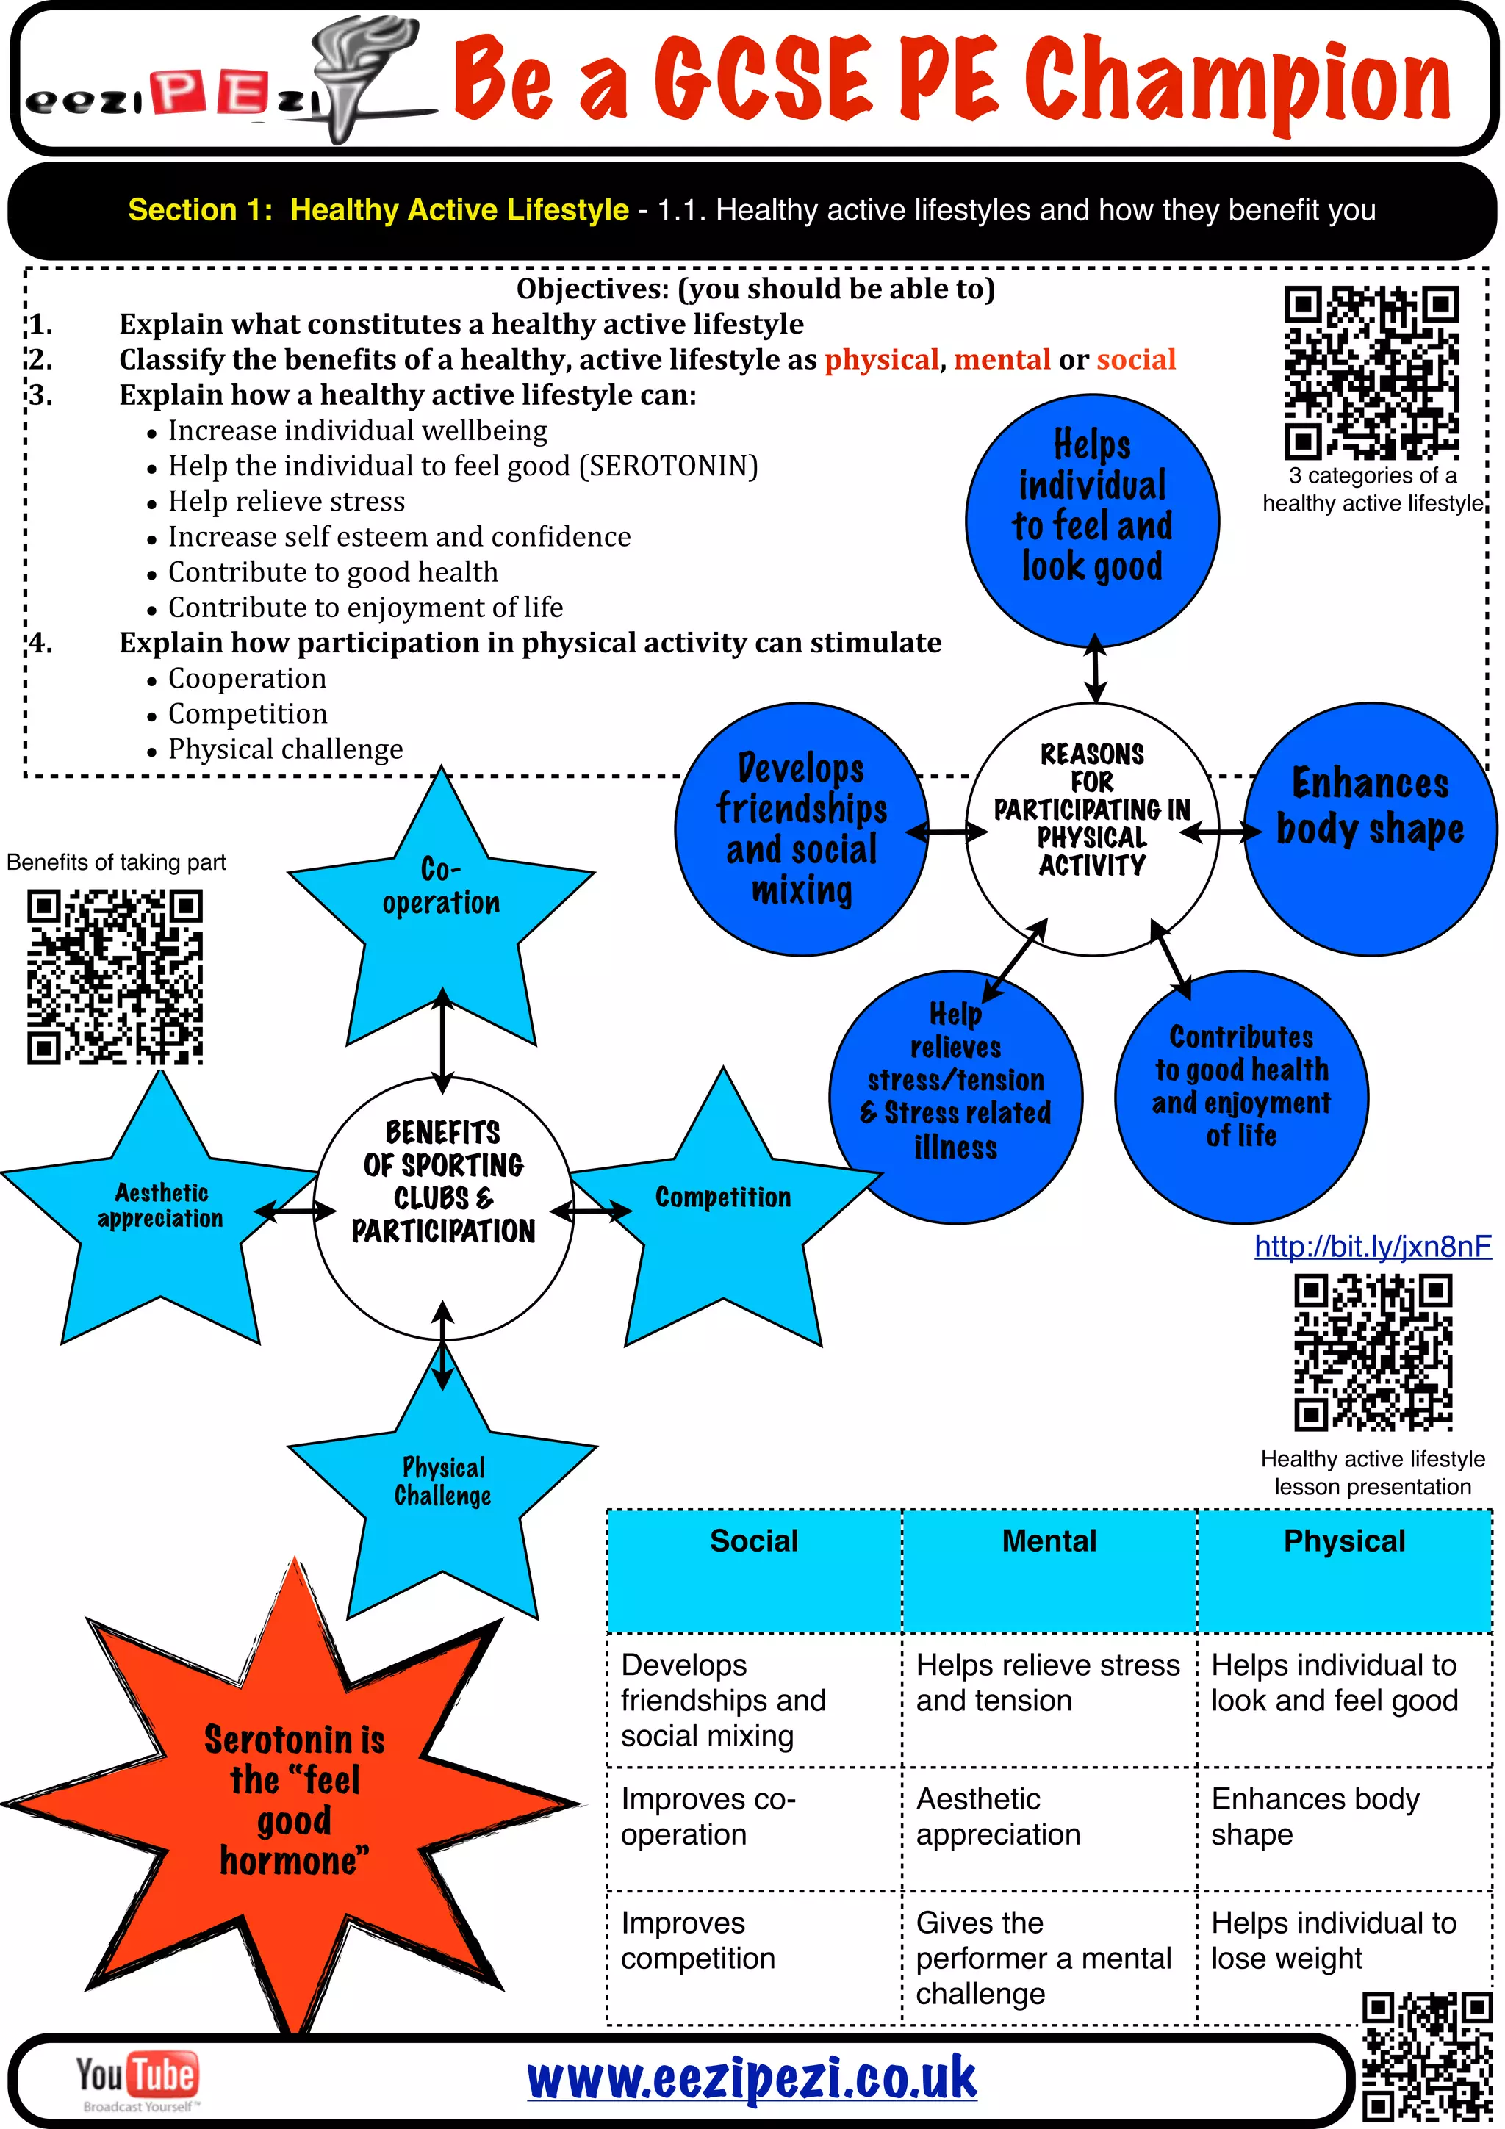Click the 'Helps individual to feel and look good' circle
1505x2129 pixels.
pyautogui.click(x=1091, y=519)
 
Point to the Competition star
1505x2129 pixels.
pyautogui.click(x=723, y=1206)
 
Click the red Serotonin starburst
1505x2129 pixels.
pyautogui.click(x=294, y=1799)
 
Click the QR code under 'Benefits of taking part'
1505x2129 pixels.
pyautogui.click(x=115, y=976)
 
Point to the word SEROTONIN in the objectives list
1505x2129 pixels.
pyautogui.click(x=669, y=466)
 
